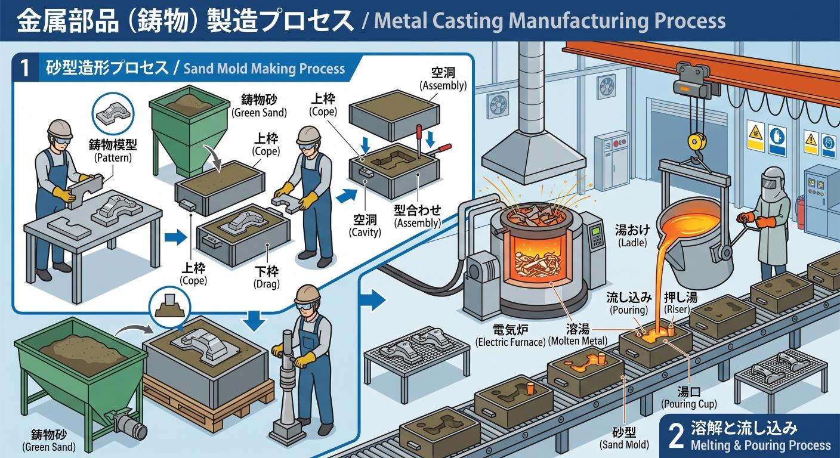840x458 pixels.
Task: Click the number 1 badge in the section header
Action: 24,68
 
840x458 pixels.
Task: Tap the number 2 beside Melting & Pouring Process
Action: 676,437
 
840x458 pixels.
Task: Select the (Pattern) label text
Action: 113,158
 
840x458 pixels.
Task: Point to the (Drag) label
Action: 267,284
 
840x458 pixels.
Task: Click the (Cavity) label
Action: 365,233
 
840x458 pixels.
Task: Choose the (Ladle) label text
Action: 632,243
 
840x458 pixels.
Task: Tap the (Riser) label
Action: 677,310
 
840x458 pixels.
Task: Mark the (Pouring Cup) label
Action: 689,404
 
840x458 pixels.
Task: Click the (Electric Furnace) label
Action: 510,342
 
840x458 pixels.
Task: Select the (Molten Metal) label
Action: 577,341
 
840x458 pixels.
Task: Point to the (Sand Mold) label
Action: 624,445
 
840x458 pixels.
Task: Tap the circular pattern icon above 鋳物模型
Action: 113,113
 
